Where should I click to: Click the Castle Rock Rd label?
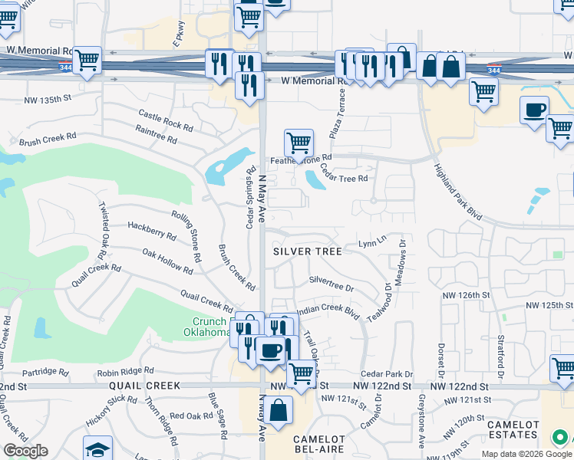(165, 119)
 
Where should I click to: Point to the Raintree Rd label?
(156, 136)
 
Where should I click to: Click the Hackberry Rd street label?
(153, 228)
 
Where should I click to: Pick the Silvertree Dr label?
(331, 284)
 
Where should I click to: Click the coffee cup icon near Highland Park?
(535, 110)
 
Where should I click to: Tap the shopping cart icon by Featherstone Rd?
(299, 143)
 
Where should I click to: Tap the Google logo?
(25, 451)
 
